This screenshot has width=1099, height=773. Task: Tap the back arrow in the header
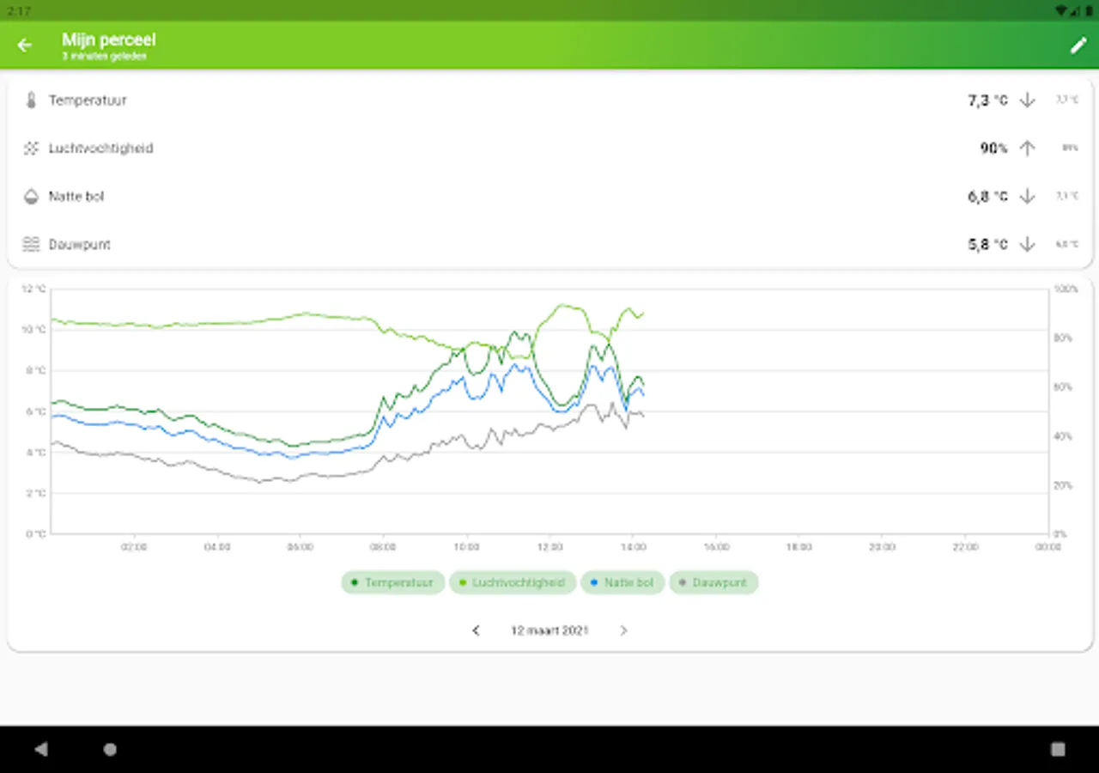click(x=25, y=46)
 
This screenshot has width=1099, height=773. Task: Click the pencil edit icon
click(x=1078, y=46)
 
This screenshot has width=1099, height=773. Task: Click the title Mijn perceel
click(x=108, y=40)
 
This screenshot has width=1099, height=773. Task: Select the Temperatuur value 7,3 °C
click(x=987, y=100)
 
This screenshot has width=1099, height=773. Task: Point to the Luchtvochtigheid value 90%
click(x=993, y=149)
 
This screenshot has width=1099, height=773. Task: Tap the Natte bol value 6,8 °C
click(x=987, y=197)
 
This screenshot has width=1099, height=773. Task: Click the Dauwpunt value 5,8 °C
click(x=987, y=245)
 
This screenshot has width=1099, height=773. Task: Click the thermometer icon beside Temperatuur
click(x=31, y=100)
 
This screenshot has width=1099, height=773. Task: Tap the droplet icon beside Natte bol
click(x=31, y=197)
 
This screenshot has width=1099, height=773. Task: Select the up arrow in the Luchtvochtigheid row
click(x=1027, y=149)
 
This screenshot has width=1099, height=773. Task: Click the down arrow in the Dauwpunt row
click(x=1027, y=245)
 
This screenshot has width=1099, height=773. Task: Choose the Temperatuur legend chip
click(x=392, y=582)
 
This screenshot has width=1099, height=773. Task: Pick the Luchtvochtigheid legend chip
click(x=513, y=582)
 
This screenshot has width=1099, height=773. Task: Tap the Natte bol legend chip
click(x=622, y=582)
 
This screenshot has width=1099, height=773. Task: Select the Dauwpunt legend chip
click(x=713, y=582)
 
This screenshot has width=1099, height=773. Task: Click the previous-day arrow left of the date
click(x=476, y=630)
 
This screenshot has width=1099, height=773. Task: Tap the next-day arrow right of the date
click(x=623, y=630)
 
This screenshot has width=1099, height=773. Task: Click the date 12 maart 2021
click(x=549, y=630)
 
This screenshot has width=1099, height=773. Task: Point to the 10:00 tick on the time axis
click(x=466, y=547)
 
